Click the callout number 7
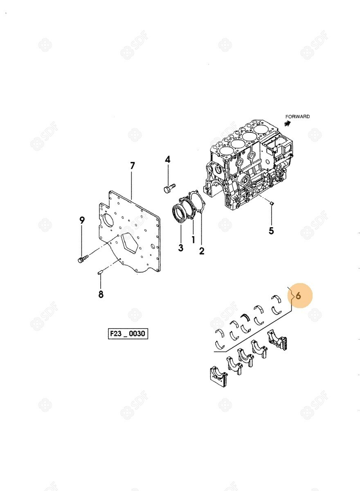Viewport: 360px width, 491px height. pyautogui.click(x=132, y=166)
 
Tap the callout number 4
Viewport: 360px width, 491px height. pyautogui.click(x=168, y=159)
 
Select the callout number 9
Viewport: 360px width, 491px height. pyautogui.click(x=82, y=220)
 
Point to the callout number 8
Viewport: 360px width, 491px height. pyautogui.click(x=101, y=294)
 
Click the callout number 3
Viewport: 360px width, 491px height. pyautogui.click(x=180, y=248)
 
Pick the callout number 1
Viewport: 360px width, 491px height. pyautogui.click(x=193, y=239)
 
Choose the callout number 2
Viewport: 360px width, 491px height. pyautogui.click(x=202, y=251)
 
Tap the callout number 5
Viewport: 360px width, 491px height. pyautogui.click(x=271, y=231)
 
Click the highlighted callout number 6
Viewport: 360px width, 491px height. pyautogui.click(x=298, y=296)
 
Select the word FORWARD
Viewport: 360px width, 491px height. pyautogui.click(x=297, y=117)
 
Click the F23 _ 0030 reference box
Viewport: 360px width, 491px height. pyautogui.click(x=128, y=333)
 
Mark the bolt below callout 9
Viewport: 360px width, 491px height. pyautogui.click(x=83, y=259)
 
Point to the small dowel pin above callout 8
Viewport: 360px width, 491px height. pyautogui.click(x=100, y=273)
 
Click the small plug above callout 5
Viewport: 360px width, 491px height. pyautogui.click(x=271, y=203)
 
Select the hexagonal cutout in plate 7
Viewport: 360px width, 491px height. pyautogui.click(x=130, y=245)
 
